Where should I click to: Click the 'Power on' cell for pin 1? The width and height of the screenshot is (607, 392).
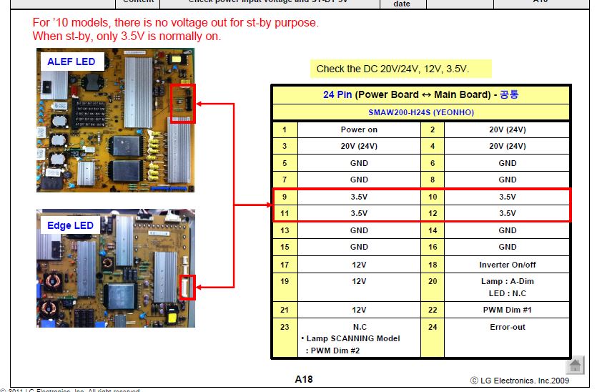click(x=359, y=130)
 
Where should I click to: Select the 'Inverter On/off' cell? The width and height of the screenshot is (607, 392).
click(x=507, y=265)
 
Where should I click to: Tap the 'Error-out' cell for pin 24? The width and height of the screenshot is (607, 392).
click(x=507, y=327)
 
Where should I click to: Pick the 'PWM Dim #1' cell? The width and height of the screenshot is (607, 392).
click(x=507, y=310)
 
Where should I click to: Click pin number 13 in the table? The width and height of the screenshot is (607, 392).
click(x=285, y=230)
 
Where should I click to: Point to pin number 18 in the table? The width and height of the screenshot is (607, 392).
click(x=433, y=265)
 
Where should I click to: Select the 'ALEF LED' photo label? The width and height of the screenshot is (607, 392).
click(x=71, y=62)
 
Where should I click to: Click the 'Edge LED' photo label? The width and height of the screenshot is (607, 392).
click(x=70, y=226)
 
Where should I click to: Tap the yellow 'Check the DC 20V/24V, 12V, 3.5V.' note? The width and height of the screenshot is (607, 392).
click(x=393, y=69)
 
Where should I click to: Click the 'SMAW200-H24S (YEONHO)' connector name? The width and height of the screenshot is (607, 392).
click(x=421, y=112)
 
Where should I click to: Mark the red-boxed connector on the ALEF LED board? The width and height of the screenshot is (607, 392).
click(x=183, y=103)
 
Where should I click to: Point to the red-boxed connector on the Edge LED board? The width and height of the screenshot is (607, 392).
click(x=187, y=287)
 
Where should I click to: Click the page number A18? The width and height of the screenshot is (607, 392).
click(x=304, y=379)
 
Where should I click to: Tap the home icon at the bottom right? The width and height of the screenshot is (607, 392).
click(x=575, y=366)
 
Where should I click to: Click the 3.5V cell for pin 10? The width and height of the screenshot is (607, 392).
click(x=507, y=197)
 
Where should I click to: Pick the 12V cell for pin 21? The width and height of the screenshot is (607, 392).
click(x=359, y=310)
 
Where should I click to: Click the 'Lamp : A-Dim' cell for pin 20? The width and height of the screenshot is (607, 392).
click(x=507, y=281)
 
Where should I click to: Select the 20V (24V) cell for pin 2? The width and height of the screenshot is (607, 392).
click(x=507, y=130)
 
